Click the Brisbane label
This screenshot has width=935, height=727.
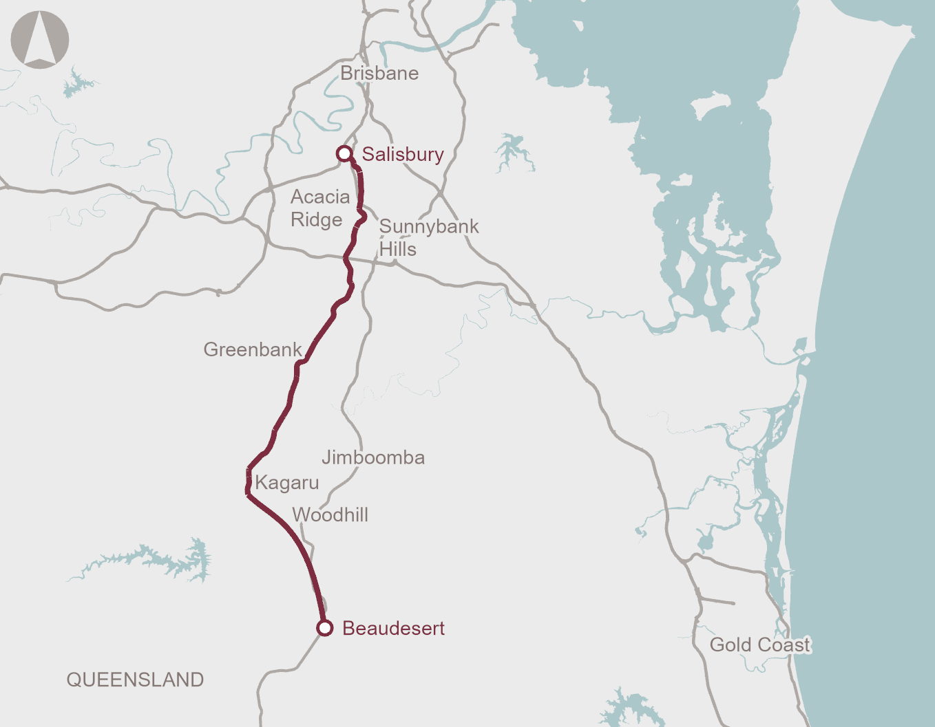379,73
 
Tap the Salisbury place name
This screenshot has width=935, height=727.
403,154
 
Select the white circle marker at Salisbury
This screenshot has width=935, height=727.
344,153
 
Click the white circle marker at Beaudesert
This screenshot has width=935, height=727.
325,628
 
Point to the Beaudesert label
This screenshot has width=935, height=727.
393,628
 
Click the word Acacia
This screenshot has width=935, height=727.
320,197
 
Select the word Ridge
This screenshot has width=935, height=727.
316,219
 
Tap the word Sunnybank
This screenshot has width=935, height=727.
429,226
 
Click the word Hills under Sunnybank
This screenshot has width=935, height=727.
398,249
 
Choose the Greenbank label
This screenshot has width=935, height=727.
253,349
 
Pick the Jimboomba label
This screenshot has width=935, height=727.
373,457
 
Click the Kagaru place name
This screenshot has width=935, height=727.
287,483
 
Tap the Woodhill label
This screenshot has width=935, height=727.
330,514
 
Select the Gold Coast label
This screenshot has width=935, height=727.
760,644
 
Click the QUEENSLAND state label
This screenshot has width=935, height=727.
135,680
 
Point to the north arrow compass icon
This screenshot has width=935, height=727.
40,39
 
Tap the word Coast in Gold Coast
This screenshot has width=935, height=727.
784,644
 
